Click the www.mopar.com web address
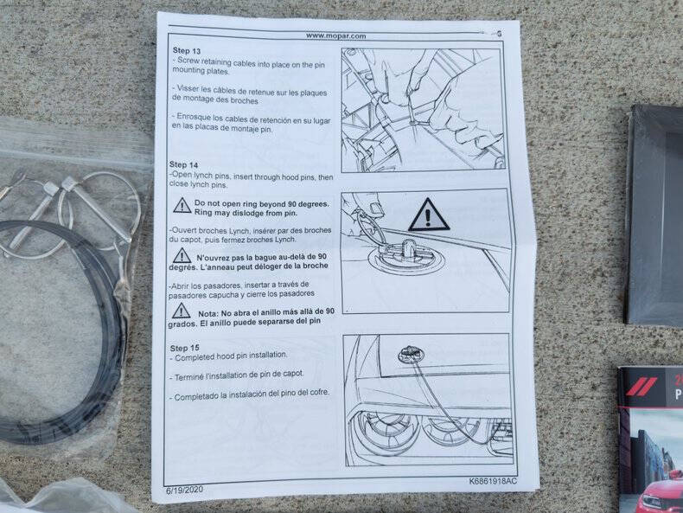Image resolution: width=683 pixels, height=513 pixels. coord(335,35)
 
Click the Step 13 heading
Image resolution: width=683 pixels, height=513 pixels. coord(187,50)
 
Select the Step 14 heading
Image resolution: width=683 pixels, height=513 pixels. coord(183,164)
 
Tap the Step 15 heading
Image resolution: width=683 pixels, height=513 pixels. coord(184,348)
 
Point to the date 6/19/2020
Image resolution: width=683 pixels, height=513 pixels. coord(185,490)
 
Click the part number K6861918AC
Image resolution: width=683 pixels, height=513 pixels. coord(493,481)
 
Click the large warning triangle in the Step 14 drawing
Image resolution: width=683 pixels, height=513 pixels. coord(429,215)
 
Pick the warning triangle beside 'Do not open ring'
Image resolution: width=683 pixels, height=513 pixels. coord(182,205)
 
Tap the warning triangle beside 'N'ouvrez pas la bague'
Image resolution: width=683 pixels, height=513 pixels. coord(182,256)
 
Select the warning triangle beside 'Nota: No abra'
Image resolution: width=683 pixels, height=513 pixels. coord(181,311)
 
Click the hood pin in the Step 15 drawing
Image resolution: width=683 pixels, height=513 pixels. coord(409,355)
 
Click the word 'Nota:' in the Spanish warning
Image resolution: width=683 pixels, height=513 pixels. coord(208,313)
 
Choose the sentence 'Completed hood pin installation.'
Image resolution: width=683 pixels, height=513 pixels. coord(231,356)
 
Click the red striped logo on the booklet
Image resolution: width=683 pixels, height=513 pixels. coord(642,387)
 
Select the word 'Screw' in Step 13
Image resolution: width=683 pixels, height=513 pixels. coord(188,61)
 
